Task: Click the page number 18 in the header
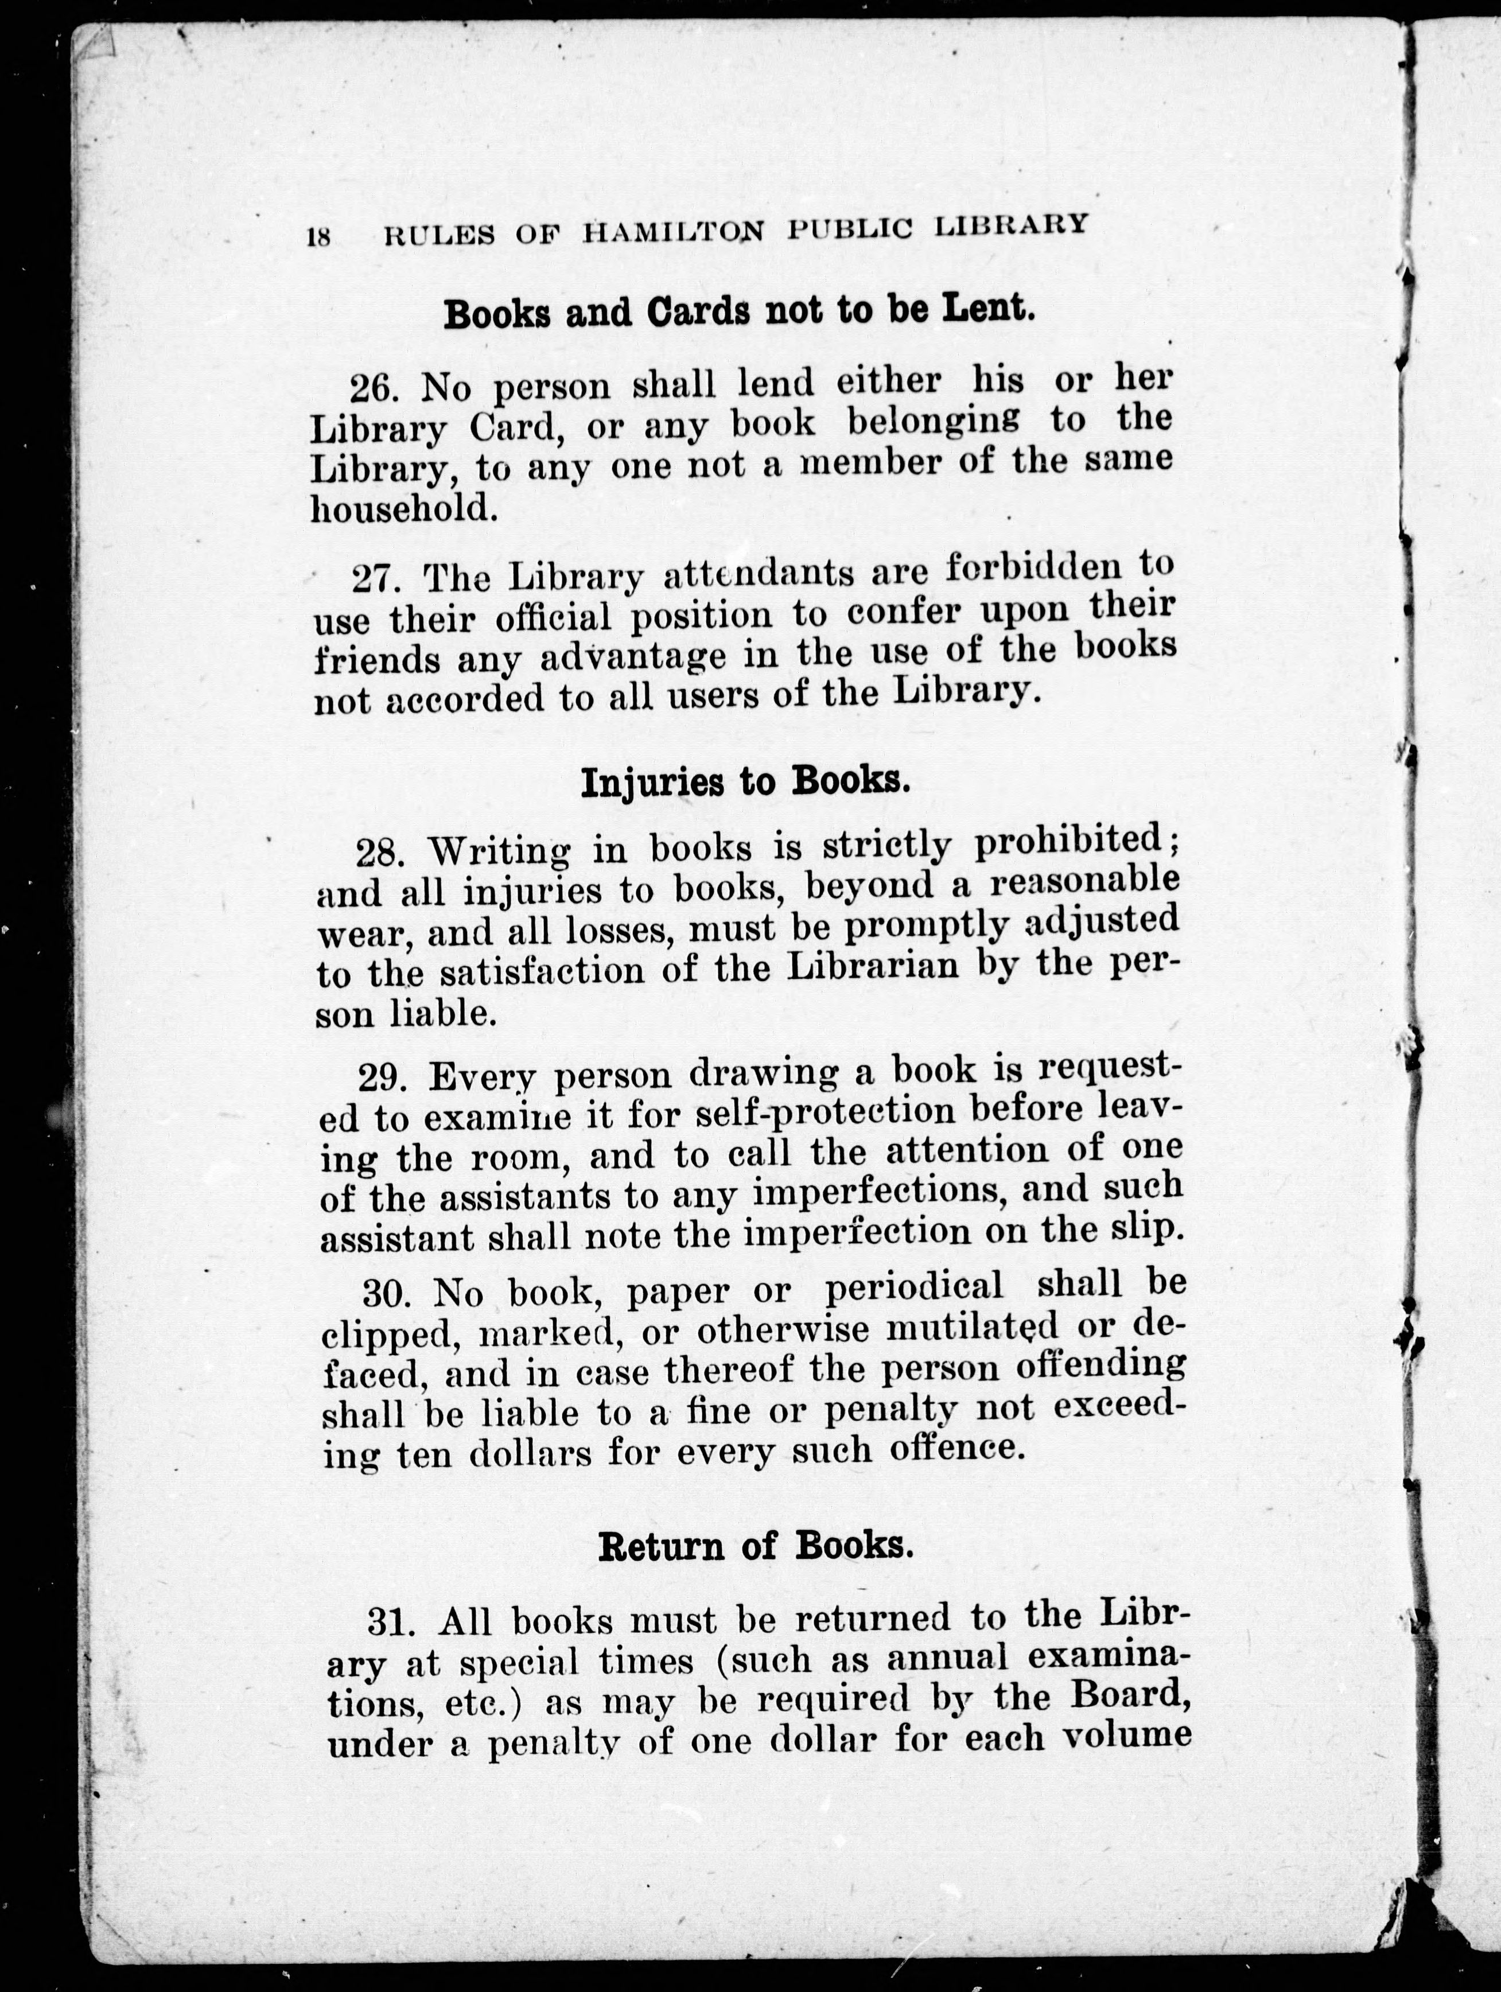(x=320, y=237)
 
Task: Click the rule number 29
(x=384, y=1077)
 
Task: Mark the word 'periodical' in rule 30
(x=914, y=1286)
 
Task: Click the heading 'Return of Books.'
(x=756, y=1545)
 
